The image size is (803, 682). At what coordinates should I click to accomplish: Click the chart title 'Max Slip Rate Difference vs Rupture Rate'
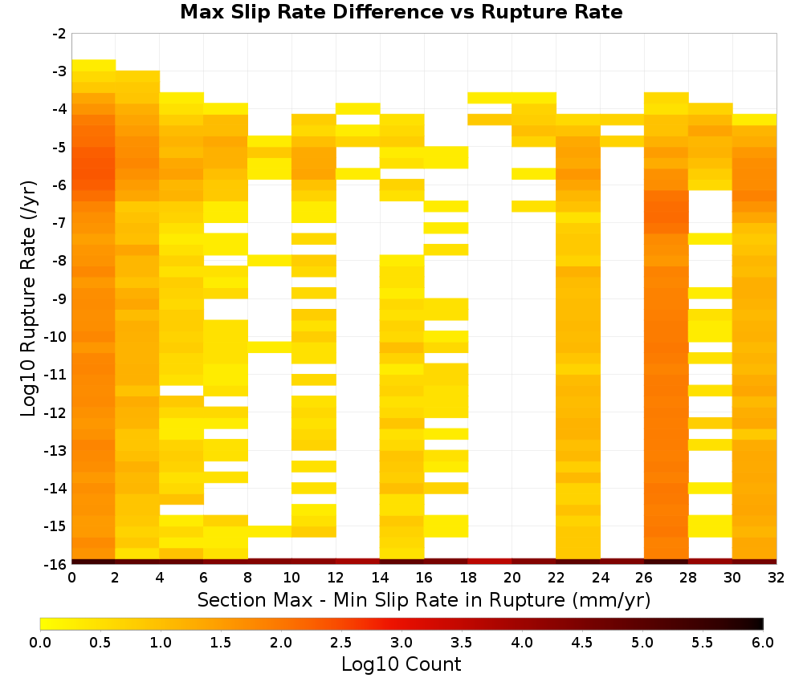(x=401, y=12)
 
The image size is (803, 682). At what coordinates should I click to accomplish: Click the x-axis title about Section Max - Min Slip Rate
(x=423, y=599)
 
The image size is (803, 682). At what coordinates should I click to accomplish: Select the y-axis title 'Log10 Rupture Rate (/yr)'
(x=28, y=298)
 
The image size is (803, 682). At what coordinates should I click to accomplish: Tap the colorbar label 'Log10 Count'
(x=401, y=664)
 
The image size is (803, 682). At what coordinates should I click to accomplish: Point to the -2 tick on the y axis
(x=59, y=34)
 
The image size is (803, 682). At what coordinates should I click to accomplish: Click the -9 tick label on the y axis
(x=59, y=298)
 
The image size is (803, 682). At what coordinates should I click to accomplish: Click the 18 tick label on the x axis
(x=468, y=578)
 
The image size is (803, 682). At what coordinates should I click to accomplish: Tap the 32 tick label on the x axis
(x=777, y=578)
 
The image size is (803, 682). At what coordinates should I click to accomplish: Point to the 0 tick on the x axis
(x=71, y=578)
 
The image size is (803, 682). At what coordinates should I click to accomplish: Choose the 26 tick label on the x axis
(x=644, y=578)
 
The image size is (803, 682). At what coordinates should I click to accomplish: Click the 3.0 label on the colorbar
(x=401, y=642)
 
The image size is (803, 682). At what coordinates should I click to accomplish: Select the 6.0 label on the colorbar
(x=763, y=642)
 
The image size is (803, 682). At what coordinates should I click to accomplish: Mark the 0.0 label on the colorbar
(x=40, y=642)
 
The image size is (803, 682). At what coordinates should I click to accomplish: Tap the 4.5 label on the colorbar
(x=582, y=642)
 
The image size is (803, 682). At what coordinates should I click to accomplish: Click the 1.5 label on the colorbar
(x=221, y=642)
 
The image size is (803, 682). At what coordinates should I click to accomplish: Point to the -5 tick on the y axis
(x=59, y=148)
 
